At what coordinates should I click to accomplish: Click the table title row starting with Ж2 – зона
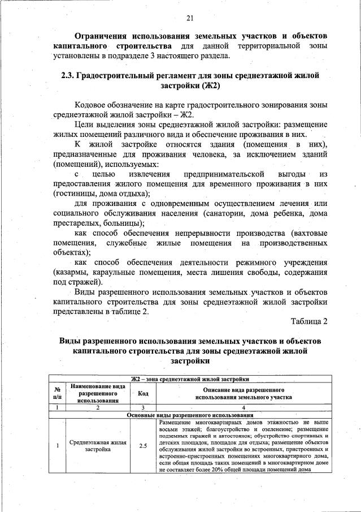click(190, 378)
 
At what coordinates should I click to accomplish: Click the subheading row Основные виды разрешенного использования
click(190, 415)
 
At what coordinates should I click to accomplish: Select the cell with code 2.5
click(143, 445)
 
